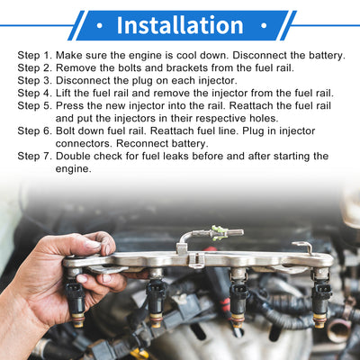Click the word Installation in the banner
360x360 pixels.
[x=180, y=25]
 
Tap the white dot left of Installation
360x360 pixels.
[x=100, y=26]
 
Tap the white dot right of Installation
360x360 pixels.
[x=264, y=26]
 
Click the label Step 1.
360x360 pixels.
[x=35, y=56]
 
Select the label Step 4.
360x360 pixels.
[x=35, y=94]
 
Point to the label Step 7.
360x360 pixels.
[x=35, y=157]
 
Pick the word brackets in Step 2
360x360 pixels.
[x=187, y=68]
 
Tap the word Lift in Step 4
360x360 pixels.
[x=63, y=94]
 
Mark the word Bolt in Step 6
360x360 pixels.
[x=66, y=131]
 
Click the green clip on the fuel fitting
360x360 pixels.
[x=219, y=233]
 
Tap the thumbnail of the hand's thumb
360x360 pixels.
[x=94, y=245]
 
